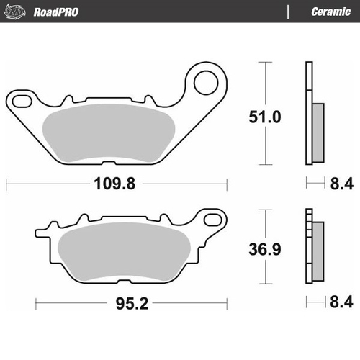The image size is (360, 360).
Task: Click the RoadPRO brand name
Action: tap(55, 12)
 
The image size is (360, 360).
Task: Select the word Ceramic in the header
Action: tap(330, 12)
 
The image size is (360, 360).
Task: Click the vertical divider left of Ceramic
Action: tap(288, 12)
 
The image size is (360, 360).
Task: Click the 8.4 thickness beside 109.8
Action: tap(336, 184)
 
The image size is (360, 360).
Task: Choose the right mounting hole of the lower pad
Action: tap(212, 216)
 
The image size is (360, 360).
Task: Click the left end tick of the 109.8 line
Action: tap(6, 184)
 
